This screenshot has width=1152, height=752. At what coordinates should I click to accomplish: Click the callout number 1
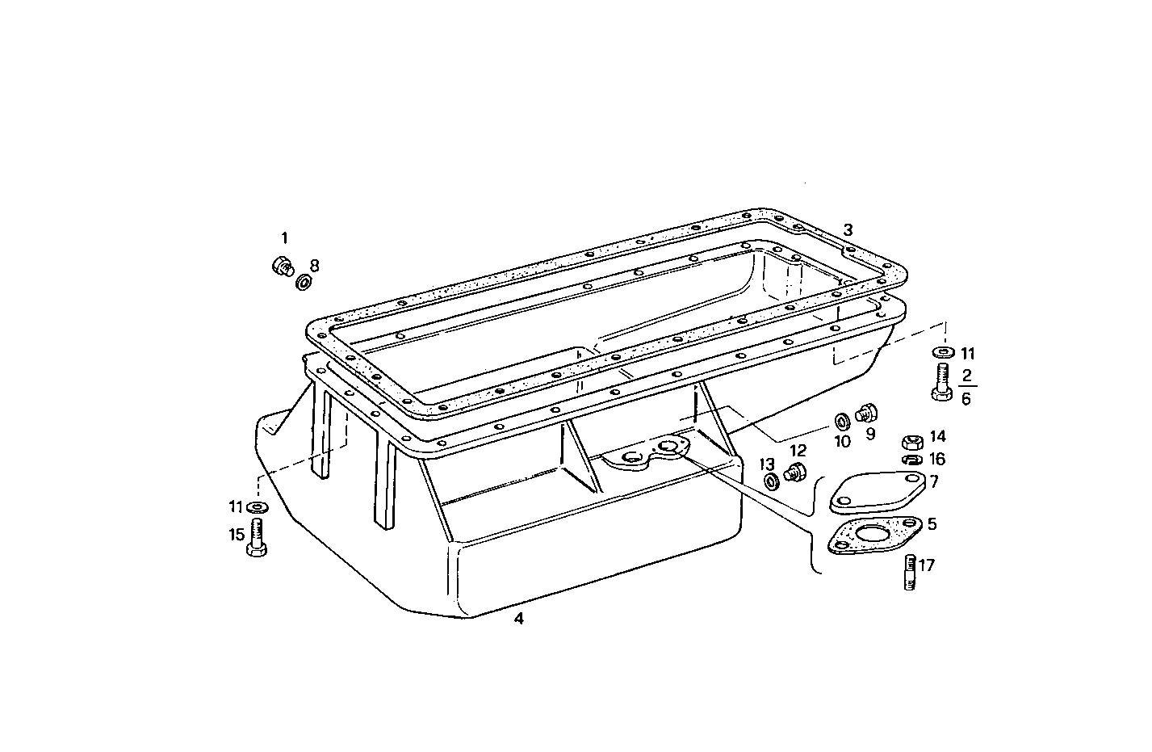(283, 237)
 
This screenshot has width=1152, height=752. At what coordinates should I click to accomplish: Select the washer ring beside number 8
(304, 282)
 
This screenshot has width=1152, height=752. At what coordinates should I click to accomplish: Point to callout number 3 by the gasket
(848, 229)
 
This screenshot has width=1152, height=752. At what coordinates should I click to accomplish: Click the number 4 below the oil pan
(519, 619)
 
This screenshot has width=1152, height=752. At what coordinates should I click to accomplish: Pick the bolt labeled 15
(258, 537)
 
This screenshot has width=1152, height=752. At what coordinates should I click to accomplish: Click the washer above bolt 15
(258, 506)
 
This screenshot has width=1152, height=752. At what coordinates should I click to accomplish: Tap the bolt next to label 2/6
(940, 381)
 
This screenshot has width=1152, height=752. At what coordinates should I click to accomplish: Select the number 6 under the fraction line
(966, 398)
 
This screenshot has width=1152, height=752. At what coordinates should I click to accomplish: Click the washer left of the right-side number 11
(942, 353)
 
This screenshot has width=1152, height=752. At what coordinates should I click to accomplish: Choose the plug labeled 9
(868, 414)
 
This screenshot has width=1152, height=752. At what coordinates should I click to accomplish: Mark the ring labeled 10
(840, 422)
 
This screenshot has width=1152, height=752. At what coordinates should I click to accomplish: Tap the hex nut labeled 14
(911, 442)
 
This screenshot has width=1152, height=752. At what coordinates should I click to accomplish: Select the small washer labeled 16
(911, 460)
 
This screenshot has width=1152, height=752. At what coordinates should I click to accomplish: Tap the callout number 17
(926, 565)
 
